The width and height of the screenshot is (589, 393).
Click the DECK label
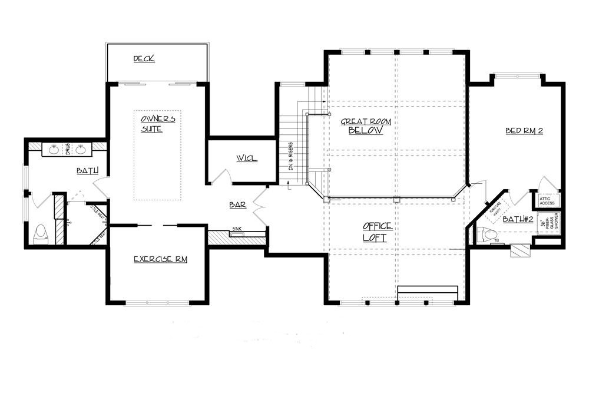click(x=144, y=58)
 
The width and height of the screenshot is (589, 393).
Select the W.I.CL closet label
click(x=247, y=159)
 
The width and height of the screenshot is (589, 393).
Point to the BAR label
click(x=238, y=205)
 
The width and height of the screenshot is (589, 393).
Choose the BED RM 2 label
click(x=524, y=131)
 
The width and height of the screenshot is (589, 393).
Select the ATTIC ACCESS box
click(x=545, y=201)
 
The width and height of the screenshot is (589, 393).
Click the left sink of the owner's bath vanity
click(x=54, y=150)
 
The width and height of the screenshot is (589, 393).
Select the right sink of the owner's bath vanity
click(x=82, y=150)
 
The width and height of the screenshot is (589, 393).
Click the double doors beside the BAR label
click(x=259, y=203)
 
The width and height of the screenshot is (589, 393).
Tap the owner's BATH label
click(x=87, y=171)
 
